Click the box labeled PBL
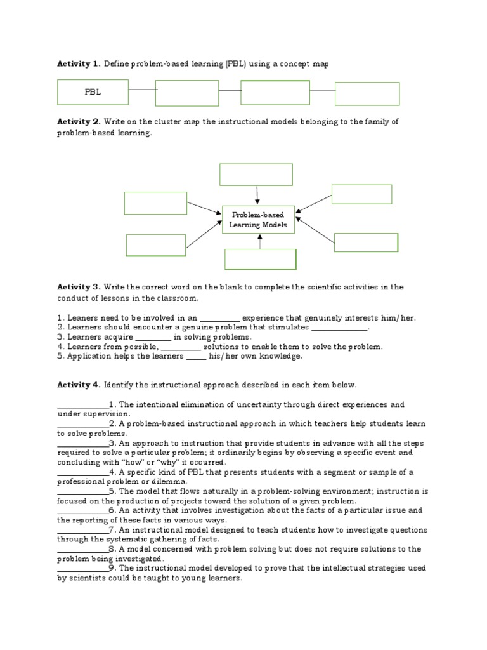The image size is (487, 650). [x=93, y=92]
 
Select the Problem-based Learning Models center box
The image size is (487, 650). [x=258, y=219]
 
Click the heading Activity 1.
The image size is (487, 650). [x=79, y=63]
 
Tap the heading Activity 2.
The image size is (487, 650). [x=79, y=121]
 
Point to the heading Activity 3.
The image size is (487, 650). [x=79, y=287]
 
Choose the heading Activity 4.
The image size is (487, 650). [x=79, y=385]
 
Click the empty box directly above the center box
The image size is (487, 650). [x=256, y=174]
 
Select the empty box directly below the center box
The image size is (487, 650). [x=261, y=259]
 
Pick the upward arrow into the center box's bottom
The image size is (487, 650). [x=259, y=241]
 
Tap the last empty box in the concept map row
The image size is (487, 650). [x=367, y=93]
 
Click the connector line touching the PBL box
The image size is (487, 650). [x=143, y=90]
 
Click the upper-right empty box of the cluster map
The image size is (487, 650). [x=361, y=194]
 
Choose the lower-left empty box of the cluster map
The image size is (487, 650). [x=156, y=245]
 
